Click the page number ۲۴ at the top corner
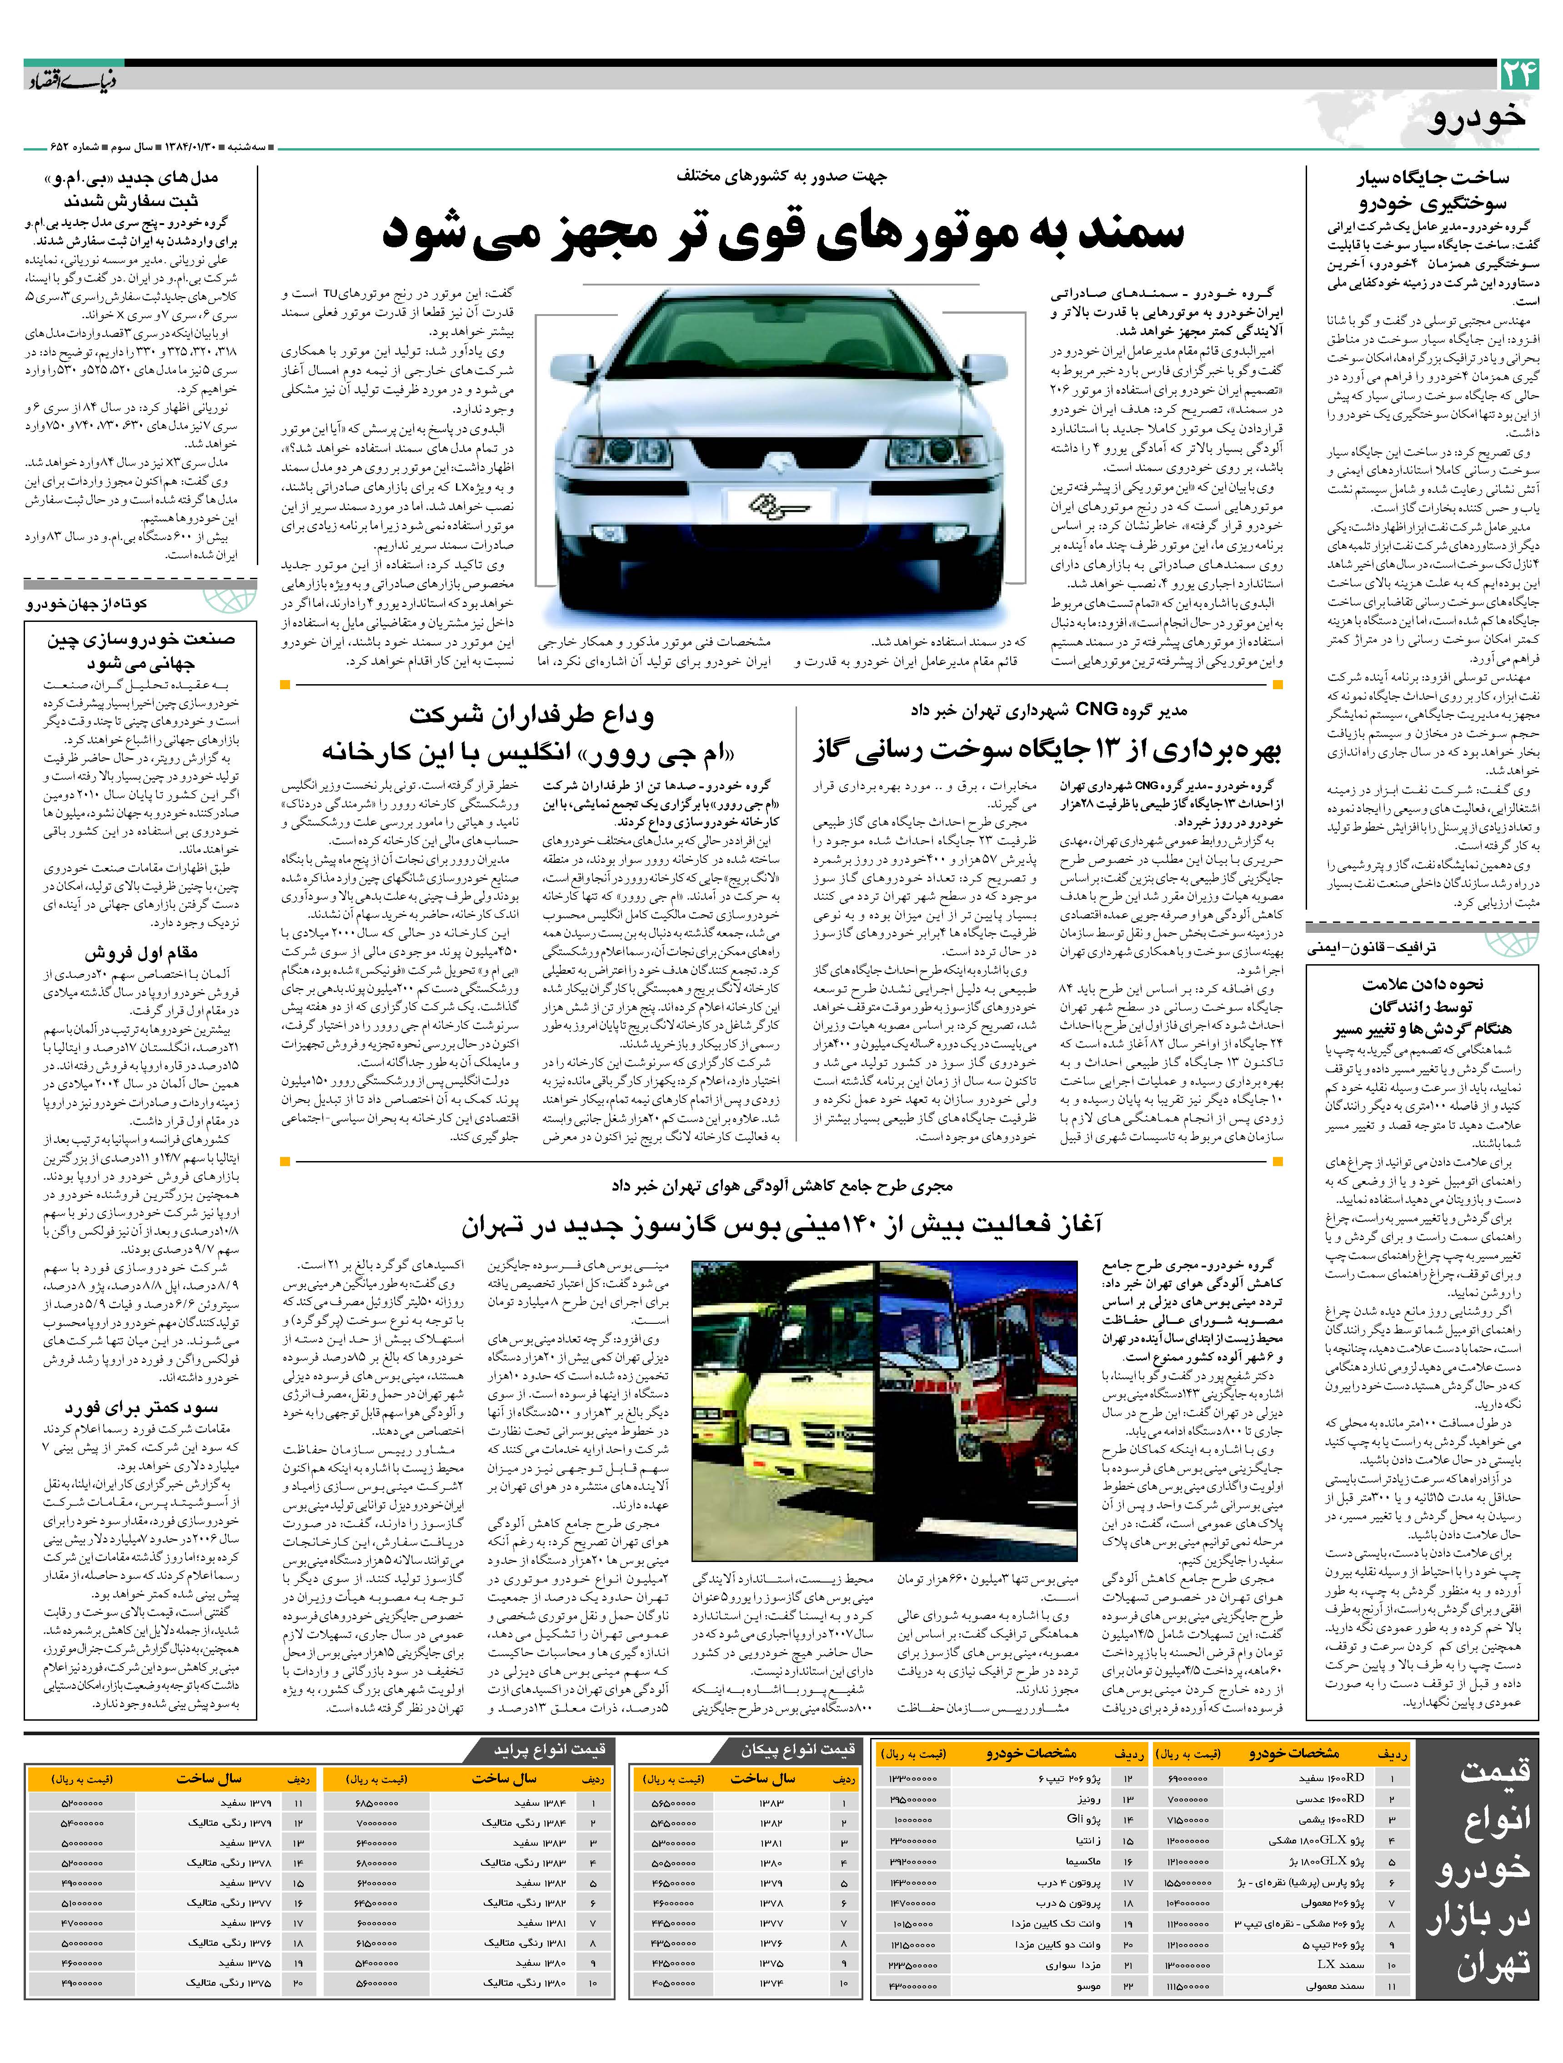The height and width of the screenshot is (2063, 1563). tap(1518, 75)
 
